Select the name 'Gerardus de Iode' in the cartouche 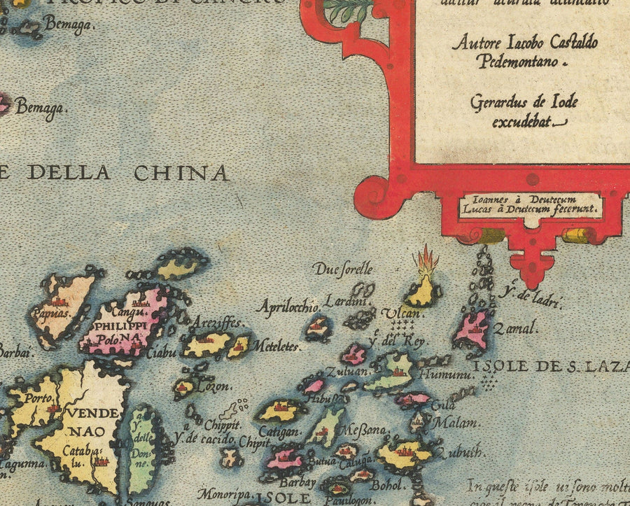tap(524, 103)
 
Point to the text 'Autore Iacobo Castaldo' tap(525, 43)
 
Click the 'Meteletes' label tap(276, 346)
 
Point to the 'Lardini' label tap(351, 302)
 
